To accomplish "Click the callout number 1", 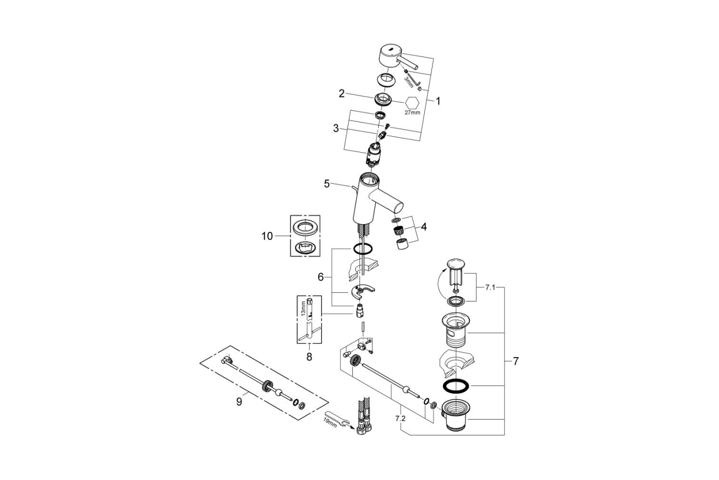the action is point(438,101).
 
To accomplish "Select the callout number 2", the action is point(341,93).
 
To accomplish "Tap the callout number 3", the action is point(336,129).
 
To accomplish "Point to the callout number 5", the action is point(327,184).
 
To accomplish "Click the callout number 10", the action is point(267,236).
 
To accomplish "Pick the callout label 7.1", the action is point(490,288).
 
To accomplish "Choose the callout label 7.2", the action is point(400,418).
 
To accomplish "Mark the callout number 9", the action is point(239,401).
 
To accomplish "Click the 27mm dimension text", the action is point(412,113).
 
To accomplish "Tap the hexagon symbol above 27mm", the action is point(412,103).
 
